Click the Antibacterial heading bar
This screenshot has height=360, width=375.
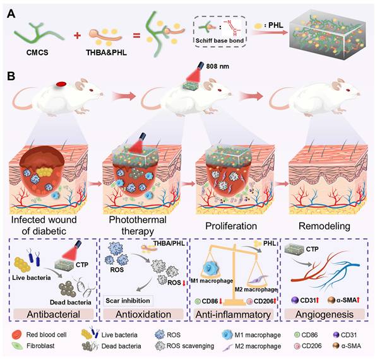point(54,313)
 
